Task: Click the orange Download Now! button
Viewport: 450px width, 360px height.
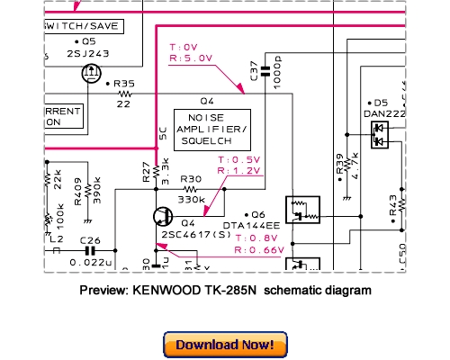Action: (225, 345)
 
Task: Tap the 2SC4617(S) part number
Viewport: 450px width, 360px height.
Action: (193, 233)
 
